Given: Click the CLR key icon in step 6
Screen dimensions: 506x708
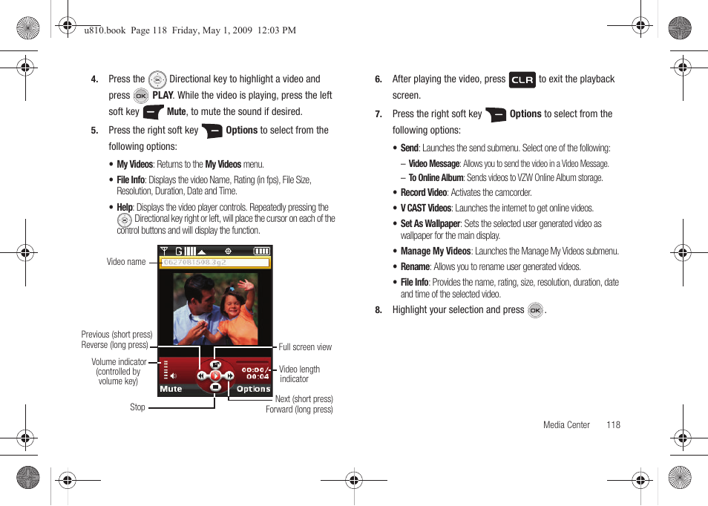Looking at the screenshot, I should point(522,80).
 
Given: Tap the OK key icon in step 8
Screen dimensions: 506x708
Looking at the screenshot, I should point(535,311).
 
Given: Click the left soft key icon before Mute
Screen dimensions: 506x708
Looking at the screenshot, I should point(153,112).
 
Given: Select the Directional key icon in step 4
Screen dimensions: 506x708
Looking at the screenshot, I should point(157,79).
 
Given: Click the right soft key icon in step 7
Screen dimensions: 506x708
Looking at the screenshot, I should point(495,114).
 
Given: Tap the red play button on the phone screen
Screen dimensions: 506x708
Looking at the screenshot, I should point(215,376).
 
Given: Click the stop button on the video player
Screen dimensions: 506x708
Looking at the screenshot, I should point(215,387).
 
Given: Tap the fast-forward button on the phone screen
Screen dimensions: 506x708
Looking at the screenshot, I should point(229,376).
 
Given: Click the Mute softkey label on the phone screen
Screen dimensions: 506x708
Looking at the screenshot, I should point(171,389).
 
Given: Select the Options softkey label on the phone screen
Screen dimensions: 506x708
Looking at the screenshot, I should point(253,389).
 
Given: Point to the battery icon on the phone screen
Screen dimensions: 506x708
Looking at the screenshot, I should point(261,252).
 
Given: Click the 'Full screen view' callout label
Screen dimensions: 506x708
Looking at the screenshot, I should point(305,347).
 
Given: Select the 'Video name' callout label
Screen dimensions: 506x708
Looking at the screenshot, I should point(126,262).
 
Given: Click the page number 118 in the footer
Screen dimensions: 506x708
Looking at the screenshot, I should point(613,425).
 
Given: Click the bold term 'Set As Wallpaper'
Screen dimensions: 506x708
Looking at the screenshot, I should point(430,223).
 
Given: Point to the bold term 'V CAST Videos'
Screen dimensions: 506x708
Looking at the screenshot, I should point(426,208).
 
